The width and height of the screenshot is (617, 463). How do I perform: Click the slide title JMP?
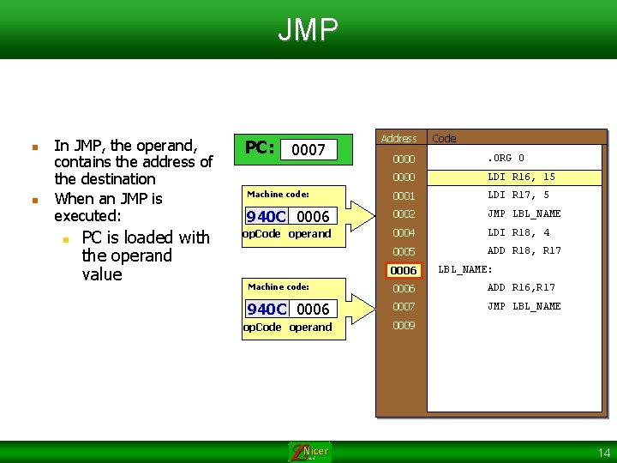308,30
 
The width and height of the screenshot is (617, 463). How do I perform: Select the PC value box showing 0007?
308,150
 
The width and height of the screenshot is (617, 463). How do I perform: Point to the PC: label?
260,147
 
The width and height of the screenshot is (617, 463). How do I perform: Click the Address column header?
398,138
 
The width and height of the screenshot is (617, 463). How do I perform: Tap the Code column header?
444,138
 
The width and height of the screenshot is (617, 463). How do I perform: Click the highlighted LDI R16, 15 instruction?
521,177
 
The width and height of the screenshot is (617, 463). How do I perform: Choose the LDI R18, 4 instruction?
518,232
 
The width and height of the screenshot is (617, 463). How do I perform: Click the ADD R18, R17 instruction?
524,251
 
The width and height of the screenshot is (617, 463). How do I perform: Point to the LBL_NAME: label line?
465,270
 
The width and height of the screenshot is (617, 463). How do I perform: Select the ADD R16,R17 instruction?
521,288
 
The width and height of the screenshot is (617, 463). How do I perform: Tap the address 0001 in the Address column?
403,196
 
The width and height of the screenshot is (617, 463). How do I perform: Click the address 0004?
403,233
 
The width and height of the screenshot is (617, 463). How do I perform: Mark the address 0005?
403,252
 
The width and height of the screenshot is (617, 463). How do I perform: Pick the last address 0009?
403,326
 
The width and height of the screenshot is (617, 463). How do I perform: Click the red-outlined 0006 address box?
403,271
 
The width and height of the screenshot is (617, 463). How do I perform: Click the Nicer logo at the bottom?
309,452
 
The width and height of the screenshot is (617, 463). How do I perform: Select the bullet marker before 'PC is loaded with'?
66,238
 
